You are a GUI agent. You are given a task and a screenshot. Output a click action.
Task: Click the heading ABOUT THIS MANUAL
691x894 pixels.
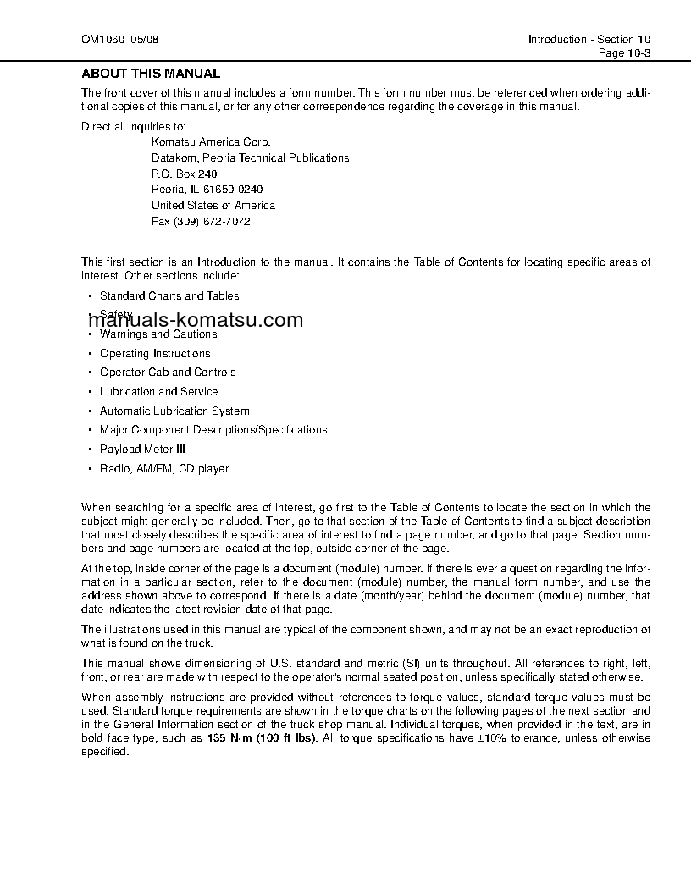tap(151, 74)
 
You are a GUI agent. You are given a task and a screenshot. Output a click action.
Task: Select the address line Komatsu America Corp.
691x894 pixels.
tap(211, 142)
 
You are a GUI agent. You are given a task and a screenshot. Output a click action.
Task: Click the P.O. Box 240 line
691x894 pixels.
tap(184, 174)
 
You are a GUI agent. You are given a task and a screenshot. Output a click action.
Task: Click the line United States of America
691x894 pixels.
tap(213, 206)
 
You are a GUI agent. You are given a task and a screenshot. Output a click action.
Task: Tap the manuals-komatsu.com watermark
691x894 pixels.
tap(194, 320)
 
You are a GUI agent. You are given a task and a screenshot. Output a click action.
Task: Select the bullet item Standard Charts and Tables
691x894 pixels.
tap(169, 296)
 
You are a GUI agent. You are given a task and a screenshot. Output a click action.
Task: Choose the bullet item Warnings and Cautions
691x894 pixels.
tap(158, 334)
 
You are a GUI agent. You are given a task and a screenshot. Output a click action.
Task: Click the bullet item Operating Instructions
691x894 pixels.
tap(155, 354)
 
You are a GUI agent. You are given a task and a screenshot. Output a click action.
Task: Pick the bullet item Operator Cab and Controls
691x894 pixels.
tap(168, 372)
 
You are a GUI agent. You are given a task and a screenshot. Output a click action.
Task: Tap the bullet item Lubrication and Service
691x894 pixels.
tap(158, 392)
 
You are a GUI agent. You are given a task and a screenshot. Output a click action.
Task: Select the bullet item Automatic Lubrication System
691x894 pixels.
tap(174, 411)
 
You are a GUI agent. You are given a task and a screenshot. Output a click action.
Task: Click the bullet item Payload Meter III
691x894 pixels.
tap(142, 450)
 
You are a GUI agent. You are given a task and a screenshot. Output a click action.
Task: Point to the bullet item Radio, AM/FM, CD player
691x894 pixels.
tap(163, 469)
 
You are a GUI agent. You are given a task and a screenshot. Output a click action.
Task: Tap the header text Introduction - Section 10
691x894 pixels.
tap(589, 40)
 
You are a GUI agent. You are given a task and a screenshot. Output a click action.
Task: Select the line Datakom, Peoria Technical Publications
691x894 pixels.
tap(250, 158)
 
